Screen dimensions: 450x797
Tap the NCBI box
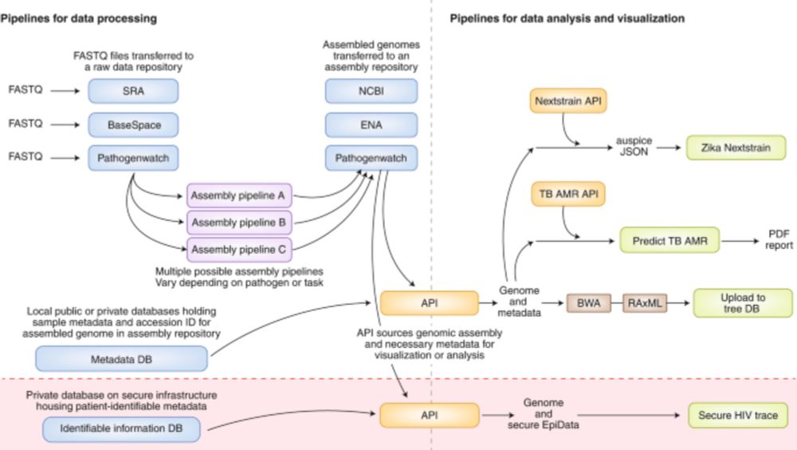pos(371,92)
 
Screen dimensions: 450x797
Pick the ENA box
pos(371,124)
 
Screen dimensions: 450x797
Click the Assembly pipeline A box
pos(237,195)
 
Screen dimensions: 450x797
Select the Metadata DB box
pos(121,358)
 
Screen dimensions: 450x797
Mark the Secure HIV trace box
pos(737,416)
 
